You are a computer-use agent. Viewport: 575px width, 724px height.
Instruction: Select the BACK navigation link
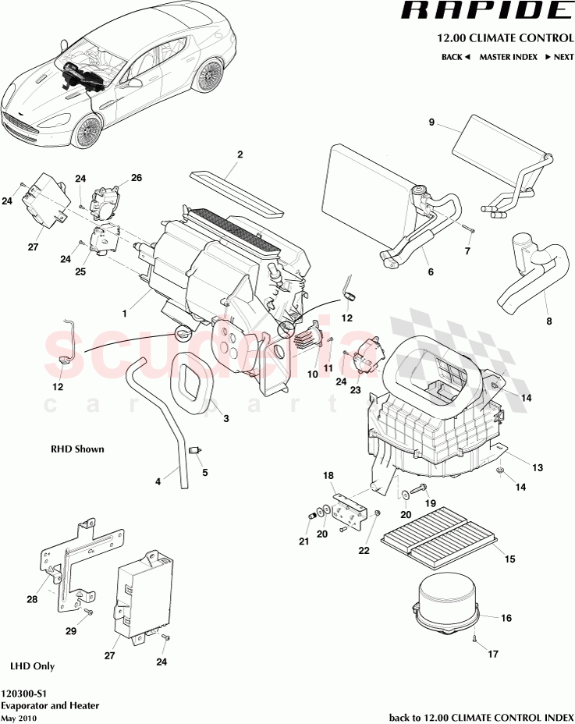[x=456, y=57]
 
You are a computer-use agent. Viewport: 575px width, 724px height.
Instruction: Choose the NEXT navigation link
[x=559, y=57]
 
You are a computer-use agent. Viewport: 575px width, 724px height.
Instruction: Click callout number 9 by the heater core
[x=430, y=122]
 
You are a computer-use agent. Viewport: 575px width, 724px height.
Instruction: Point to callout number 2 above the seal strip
[x=240, y=154]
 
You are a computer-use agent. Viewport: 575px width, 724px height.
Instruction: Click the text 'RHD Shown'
[x=77, y=449]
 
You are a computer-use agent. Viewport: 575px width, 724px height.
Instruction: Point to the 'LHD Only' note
[x=32, y=666]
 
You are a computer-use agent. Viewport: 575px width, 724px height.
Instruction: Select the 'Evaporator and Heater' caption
[x=51, y=705]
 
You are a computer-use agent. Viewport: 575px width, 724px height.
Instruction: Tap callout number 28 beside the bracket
[x=32, y=598]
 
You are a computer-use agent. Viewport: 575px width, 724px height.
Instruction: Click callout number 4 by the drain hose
[x=158, y=481]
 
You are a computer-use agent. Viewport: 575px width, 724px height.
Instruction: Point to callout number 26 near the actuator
[x=136, y=178]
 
